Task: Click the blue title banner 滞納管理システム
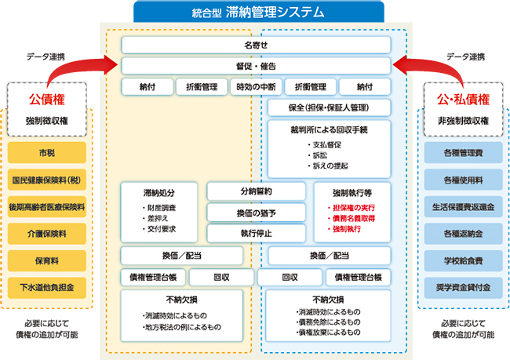click(x=258, y=11)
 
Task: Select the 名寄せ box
click(x=256, y=45)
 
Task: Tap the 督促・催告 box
click(x=256, y=66)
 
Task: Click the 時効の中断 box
click(x=256, y=86)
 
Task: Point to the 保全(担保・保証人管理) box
click(x=330, y=107)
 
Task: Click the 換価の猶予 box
click(x=257, y=213)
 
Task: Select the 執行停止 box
click(x=257, y=233)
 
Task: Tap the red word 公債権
click(x=46, y=100)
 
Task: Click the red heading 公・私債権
click(x=463, y=100)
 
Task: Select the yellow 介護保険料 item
click(x=46, y=233)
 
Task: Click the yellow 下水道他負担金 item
click(x=46, y=287)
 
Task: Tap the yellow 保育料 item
click(x=46, y=260)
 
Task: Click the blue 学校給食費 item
click(x=463, y=260)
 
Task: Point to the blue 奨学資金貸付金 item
click(x=463, y=287)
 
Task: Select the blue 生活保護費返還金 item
click(x=463, y=206)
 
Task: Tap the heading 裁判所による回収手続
click(x=330, y=129)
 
